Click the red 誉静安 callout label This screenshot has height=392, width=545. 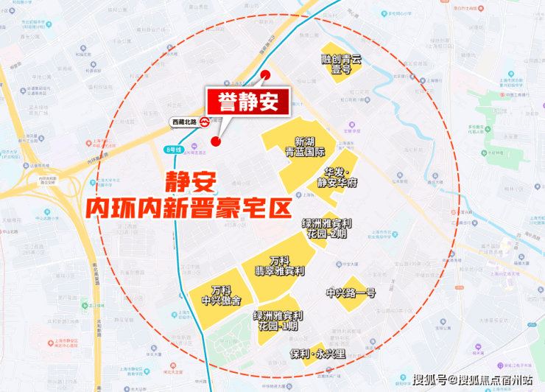pyautogui.click(x=247, y=102)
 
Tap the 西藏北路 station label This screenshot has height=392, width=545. pyautogui.click(x=184, y=121)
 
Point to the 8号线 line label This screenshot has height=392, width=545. pyautogui.click(x=172, y=150)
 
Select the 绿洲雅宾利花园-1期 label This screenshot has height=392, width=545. pyautogui.click(x=279, y=321)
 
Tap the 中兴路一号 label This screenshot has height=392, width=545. pyautogui.click(x=351, y=293)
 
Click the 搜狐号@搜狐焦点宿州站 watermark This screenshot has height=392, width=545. pyautogui.click(x=472, y=380)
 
